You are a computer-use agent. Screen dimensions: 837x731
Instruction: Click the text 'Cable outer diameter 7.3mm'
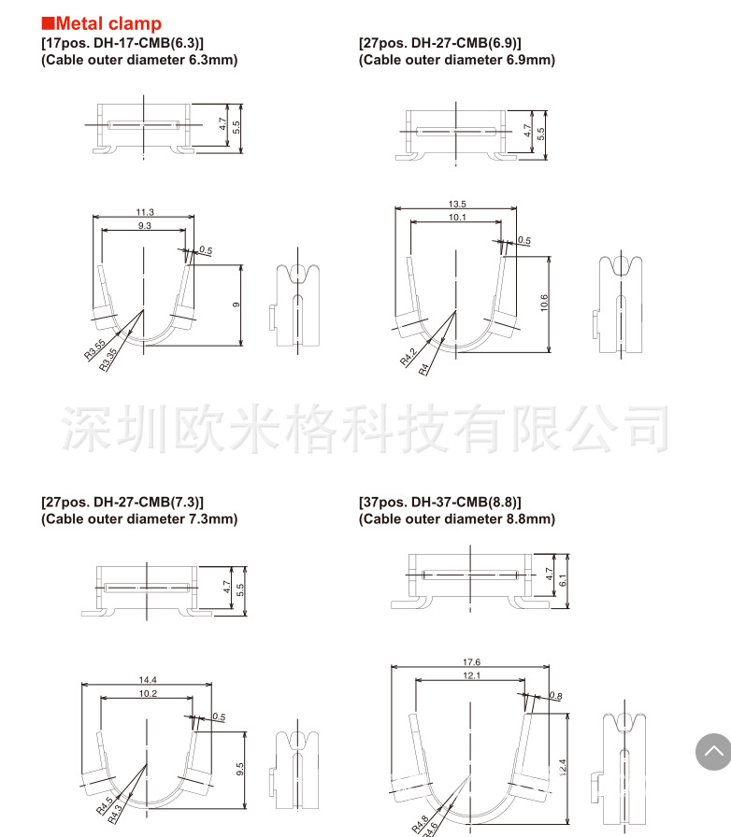pyautogui.click(x=139, y=518)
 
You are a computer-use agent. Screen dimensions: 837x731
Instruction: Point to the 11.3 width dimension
pyautogui.click(x=145, y=212)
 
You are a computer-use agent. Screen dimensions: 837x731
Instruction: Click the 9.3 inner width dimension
pyautogui.click(x=145, y=226)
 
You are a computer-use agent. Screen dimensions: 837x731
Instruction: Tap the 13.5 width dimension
pyautogui.click(x=457, y=204)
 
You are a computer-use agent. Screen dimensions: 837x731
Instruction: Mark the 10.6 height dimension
pyautogui.click(x=544, y=304)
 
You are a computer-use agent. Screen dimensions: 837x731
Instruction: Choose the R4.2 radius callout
pyautogui.click(x=409, y=357)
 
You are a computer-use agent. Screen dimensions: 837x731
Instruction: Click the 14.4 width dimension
pyautogui.click(x=147, y=679)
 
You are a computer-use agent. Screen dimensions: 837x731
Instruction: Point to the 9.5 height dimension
pyautogui.click(x=239, y=770)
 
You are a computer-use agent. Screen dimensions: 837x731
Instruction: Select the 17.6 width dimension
pyautogui.click(x=470, y=662)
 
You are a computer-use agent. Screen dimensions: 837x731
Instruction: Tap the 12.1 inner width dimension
pyautogui.click(x=470, y=676)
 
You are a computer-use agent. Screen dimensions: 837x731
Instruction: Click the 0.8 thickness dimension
pyautogui.click(x=556, y=696)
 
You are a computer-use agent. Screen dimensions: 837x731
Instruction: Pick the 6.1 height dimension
pyautogui.click(x=562, y=580)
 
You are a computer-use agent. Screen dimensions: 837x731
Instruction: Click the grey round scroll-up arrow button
pyautogui.click(x=713, y=752)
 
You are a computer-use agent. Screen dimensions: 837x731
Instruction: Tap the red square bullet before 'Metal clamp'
pyautogui.click(x=48, y=23)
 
